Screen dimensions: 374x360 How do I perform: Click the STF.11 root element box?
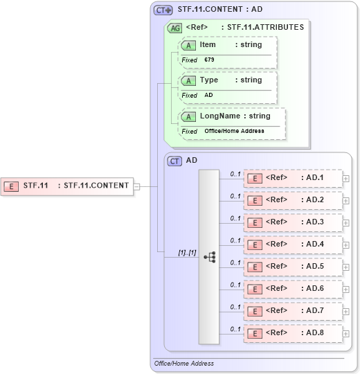(x=67, y=186)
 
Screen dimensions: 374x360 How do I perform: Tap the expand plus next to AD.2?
(x=345, y=200)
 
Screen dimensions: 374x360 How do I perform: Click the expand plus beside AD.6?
(x=345, y=289)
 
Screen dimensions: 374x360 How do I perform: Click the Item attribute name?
(x=208, y=45)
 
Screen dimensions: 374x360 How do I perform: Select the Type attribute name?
(x=209, y=80)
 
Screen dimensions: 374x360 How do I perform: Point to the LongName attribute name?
(x=220, y=116)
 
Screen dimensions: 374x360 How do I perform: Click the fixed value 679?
(x=210, y=60)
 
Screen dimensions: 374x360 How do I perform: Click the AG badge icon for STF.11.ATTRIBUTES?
(x=175, y=28)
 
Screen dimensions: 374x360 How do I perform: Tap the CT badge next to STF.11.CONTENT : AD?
(x=163, y=10)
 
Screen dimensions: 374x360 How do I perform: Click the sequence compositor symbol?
(x=209, y=256)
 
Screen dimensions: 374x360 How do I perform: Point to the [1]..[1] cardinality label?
(x=186, y=253)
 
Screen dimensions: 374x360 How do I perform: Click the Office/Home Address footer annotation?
(x=184, y=364)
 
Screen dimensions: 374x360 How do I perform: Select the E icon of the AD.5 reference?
(x=255, y=267)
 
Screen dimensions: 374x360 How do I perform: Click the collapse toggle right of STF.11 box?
(x=136, y=186)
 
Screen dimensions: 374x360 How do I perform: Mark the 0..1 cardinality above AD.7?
(x=235, y=307)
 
